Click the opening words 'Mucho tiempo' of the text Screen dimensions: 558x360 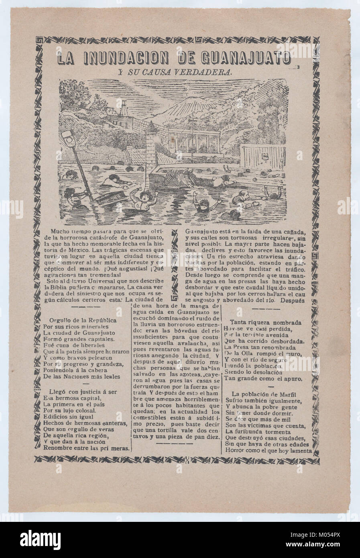[69, 232]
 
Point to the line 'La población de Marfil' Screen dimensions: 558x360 [267, 394]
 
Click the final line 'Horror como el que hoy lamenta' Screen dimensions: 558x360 [269, 450]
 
